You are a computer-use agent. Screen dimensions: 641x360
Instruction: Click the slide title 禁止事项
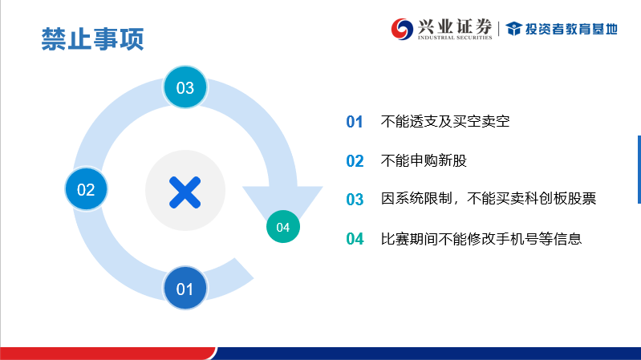[92, 39]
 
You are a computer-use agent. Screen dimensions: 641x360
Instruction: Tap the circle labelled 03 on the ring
[185, 87]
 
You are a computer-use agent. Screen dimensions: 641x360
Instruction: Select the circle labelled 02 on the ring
[87, 188]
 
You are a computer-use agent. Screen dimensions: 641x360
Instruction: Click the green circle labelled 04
[283, 227]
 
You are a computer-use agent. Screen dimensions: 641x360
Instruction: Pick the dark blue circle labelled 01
[185, 288]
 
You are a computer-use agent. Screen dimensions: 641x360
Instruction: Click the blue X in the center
[185, 192]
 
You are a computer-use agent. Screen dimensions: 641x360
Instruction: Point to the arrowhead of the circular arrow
[283, 204]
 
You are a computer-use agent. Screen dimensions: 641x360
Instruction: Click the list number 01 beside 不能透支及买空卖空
[355, 122]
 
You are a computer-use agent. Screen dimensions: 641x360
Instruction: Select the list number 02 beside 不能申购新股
[355, 161]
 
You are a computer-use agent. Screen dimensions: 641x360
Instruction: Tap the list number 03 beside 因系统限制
[355, 200]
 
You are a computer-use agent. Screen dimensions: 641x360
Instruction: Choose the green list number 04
[355, 239]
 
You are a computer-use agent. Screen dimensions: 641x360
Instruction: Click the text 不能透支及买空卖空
[445, 121]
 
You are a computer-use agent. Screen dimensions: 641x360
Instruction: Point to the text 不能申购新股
[424, 160]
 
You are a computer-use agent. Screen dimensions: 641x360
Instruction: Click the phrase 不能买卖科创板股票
[531, 199]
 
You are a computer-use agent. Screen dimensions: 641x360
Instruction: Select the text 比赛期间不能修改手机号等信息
[481, 239]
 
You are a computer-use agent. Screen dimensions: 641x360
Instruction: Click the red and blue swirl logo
[402, 29]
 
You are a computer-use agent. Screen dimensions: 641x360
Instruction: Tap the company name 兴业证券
[455, 26]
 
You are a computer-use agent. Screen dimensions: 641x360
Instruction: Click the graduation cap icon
[514, 29]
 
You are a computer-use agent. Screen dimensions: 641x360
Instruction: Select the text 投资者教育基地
[571, 29]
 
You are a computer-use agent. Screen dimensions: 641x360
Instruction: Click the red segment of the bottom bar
[108, 354]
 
